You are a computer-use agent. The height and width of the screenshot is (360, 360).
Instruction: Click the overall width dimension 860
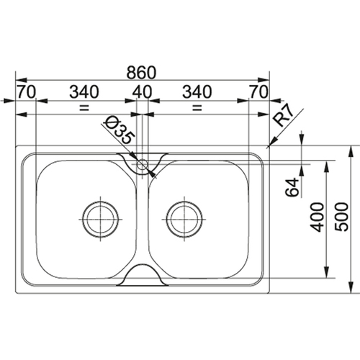141,73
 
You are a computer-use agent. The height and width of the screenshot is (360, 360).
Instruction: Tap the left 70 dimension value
26,91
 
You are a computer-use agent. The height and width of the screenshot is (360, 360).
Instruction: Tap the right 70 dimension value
258,91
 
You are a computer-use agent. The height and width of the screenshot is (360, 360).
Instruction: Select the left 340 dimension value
84,91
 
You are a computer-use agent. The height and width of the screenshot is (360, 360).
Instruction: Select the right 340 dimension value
197,91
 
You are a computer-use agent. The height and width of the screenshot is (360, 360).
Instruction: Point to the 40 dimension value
143,91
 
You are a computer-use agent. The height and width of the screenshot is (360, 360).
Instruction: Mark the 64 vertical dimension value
292,187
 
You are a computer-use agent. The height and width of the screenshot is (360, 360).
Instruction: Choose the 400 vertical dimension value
317,217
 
